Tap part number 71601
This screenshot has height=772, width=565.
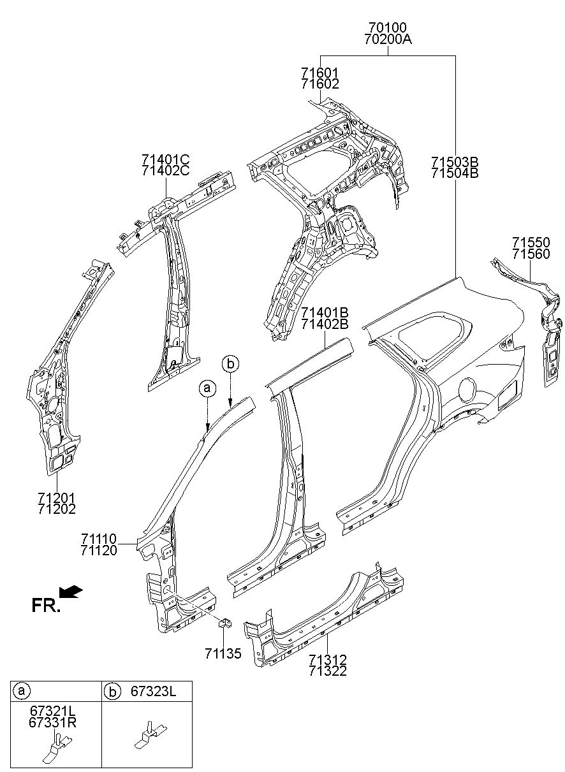pyautogui.click(x=320, y=73)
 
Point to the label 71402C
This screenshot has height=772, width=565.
pyautogui.click(x=166, y=170)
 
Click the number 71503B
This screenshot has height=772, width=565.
pyautogui.click(x=454, y=161)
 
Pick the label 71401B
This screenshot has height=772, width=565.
pyautogui.click(x=325, y=312)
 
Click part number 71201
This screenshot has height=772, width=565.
pyautogui.click(x=57, y=497)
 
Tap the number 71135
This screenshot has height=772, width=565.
pyautogui.click(x=223, y=654)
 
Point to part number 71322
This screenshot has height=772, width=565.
pyautogui.click(x=327, y=671)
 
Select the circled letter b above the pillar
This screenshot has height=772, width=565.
pyautogui.click(x=230, y=364)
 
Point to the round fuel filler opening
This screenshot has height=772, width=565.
pyautogui.click(x=467, y=387)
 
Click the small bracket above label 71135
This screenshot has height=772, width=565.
pyautogui.click(x=223, y=623)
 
